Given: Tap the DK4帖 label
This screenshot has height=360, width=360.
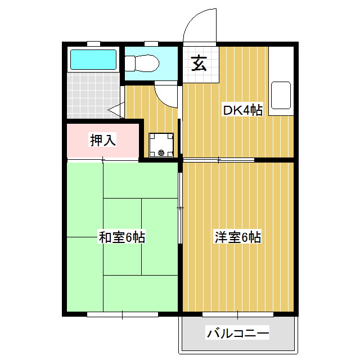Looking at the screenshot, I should [243, 110].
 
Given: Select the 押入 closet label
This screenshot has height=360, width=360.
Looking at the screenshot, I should [103, 141].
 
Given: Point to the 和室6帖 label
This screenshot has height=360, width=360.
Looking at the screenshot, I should [122, 237].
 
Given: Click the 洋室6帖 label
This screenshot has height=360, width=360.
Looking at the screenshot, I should [237, 237].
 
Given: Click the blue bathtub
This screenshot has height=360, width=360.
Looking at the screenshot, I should [93, 59].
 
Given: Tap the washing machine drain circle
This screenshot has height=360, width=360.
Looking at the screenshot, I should [161, 152].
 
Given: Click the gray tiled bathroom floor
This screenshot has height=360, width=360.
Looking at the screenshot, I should [93, 96].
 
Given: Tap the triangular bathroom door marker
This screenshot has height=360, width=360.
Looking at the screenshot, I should [117, 109].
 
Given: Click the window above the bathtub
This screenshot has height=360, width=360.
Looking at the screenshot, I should [93, 43].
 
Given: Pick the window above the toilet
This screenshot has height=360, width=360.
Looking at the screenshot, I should [150, 43].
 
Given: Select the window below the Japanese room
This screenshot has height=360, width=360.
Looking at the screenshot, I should [123, 314].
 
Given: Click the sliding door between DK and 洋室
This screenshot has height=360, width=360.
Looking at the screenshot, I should [219, 160].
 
